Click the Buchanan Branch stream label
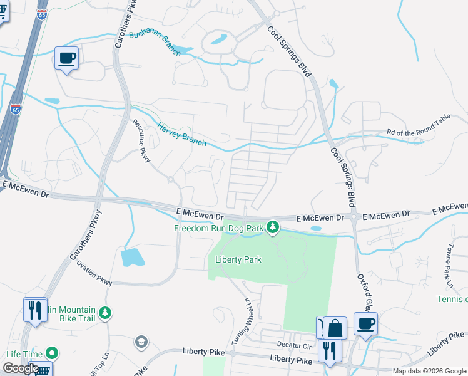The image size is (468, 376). [x=155, y=43]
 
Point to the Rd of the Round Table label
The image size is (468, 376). [x=418, y=132]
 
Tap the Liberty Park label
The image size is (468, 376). [x=238, y=259]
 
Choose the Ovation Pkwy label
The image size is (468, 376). [x=94, y=273]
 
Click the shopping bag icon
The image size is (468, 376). [x=335, y=328]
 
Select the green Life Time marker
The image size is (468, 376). [x=52, y=353]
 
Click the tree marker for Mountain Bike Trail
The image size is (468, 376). [x=106, y=311]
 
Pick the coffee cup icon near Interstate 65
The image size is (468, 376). [x=67, y=58]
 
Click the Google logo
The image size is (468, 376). [x=21, y=368]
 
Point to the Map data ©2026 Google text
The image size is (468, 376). [x=429, y=371]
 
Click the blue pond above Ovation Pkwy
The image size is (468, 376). [x=131, y=257]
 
